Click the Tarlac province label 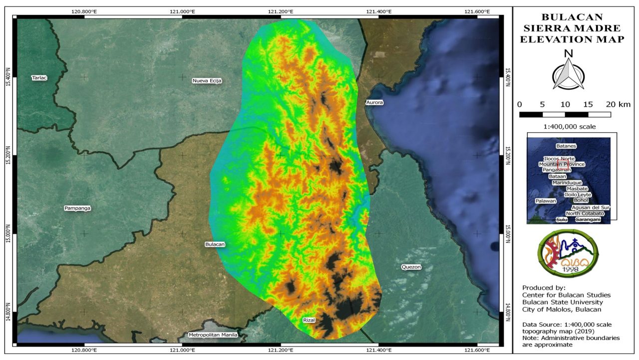(39, 77)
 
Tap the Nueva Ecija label (207, 80)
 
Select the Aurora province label (374, 102)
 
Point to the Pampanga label (78, 208)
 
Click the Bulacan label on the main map (215, 244)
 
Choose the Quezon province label (411, 267)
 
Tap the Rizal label (309, 320)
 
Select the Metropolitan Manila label (213, 335)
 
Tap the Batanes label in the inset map (566, 146)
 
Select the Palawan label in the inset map (546, 201)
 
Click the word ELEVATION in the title (557, 39)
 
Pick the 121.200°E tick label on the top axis (281, 11)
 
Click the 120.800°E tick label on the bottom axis (84, 350)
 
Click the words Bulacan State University (562, 302)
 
